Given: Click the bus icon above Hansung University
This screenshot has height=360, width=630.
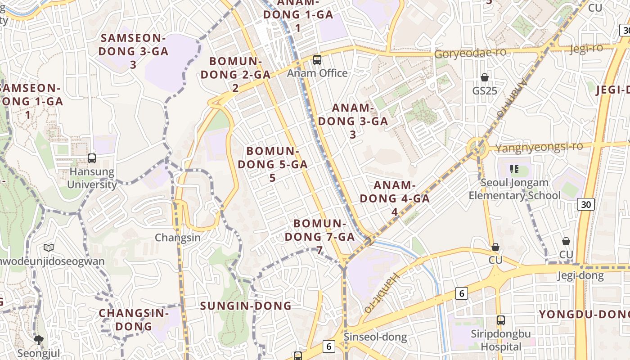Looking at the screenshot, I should click(x=92, y=158).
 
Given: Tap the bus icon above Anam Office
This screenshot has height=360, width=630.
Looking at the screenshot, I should click(x=317, y=59).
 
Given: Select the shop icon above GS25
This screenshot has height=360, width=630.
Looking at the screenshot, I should click(x=485, y=77).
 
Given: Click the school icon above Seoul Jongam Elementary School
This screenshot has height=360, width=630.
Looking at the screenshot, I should click(x=514, y=169).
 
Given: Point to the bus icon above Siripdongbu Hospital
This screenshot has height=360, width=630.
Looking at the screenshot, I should click(x=500, y=320).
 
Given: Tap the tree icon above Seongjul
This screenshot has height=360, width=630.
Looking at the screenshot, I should click(x=39, y=340).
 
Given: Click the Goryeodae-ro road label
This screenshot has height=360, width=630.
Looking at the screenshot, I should click(x=470, y=53).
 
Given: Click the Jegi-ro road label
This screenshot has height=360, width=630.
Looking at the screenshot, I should click(x=586, y=49).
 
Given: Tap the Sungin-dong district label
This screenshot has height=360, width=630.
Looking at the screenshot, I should click(x=246, y=306).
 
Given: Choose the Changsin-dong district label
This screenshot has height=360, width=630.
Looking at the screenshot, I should click(x=133, y=319).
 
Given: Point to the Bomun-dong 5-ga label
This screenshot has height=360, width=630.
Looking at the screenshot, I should click(x=273, y=164).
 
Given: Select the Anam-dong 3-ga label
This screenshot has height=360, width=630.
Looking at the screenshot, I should click(x=353, y=121).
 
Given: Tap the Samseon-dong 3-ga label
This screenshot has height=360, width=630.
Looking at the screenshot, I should click(x=133, y=51).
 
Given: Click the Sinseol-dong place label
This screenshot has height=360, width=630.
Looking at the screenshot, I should click(x=375, y=337).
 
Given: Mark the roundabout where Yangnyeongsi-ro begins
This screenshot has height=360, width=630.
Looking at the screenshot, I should click(x=477, y=147).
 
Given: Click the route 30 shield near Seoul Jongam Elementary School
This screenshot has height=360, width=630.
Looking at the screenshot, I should click(x=586, y=204).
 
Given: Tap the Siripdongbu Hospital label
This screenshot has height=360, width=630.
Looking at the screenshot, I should click(x=501, y=340).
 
